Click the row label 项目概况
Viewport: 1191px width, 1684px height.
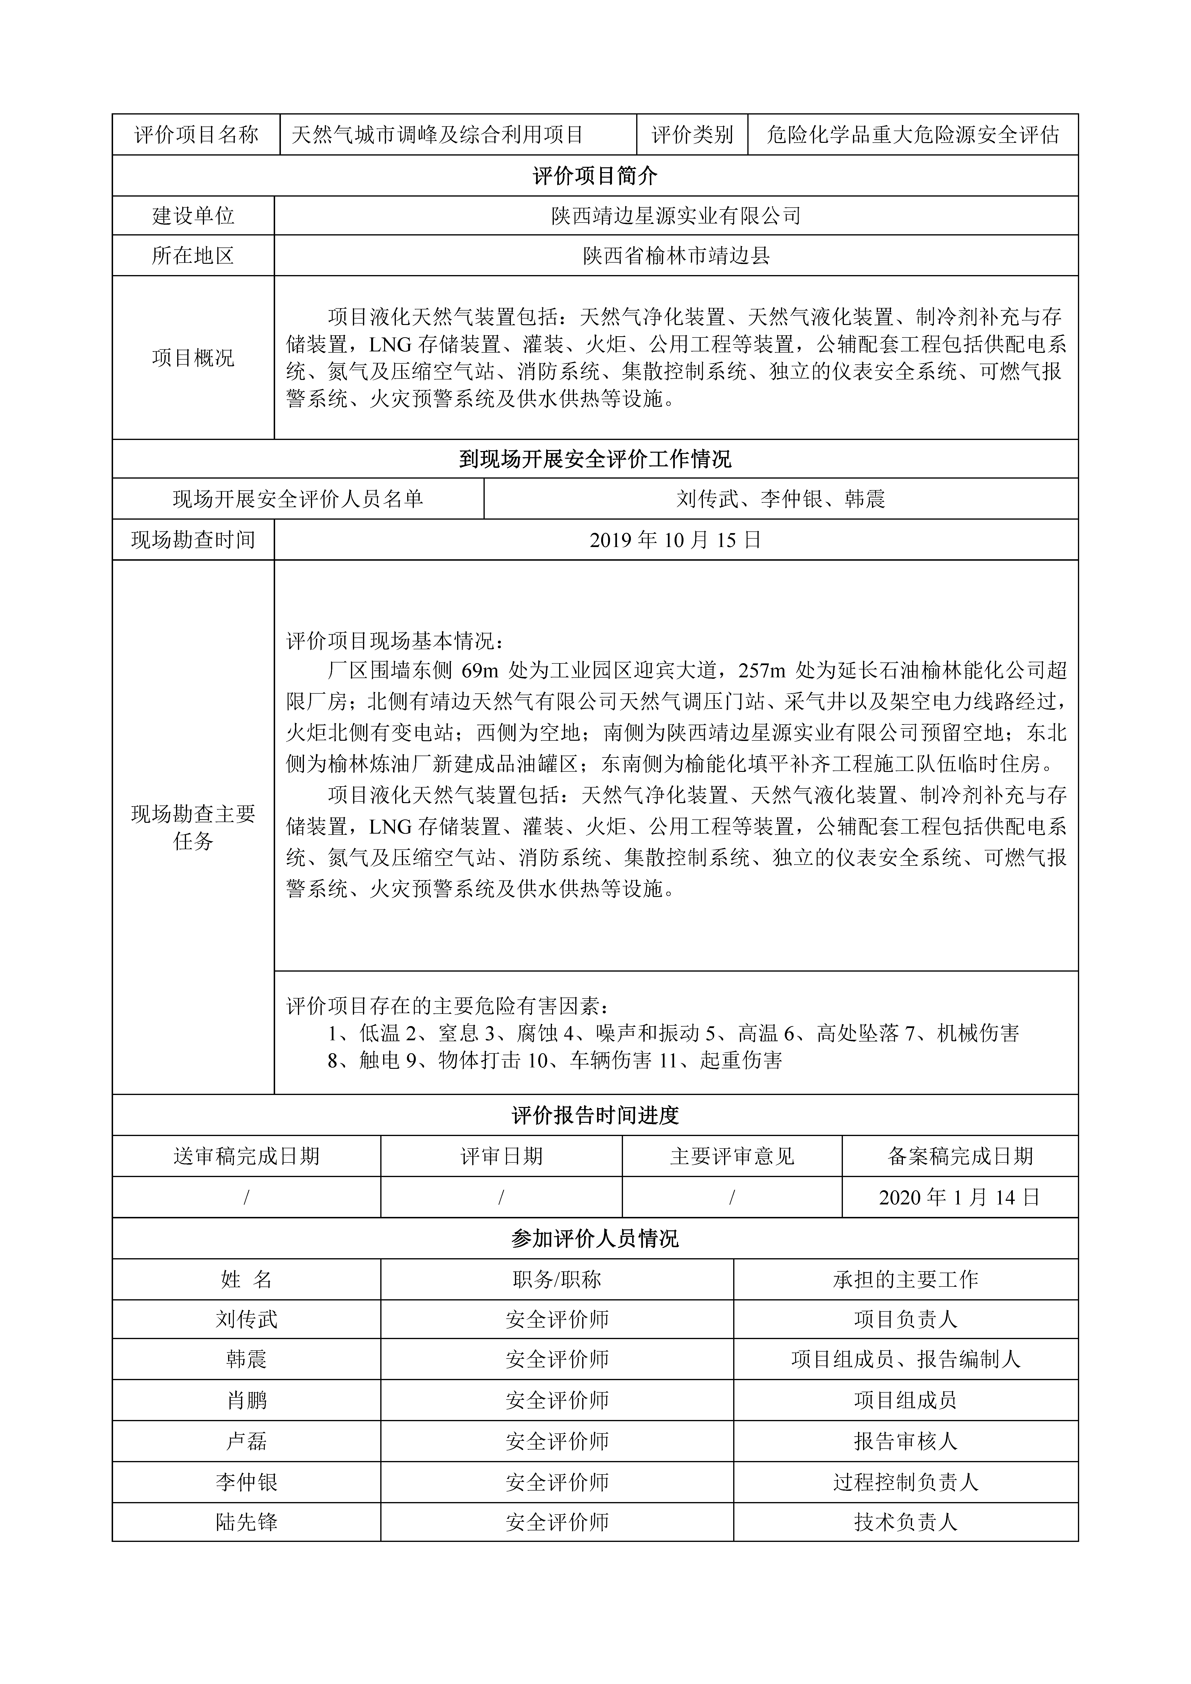coord(193,358)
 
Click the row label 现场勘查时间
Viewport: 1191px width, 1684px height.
coord(193,541)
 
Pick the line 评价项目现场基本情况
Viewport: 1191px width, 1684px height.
coord(395,641)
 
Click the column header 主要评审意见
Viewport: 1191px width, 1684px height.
coord(732,1157)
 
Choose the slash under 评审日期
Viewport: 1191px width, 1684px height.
coord(501,1198)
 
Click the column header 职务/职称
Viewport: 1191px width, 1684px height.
coord(557,1280)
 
